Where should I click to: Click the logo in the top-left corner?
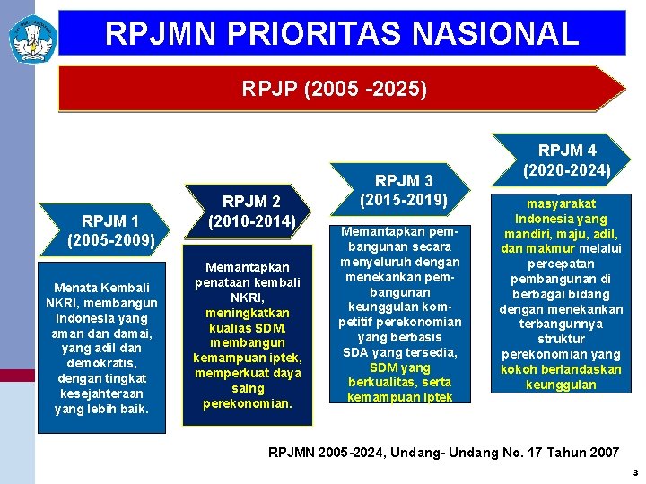click(x=32, y=37)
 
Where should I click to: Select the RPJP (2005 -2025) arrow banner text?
click(x=335, y=90)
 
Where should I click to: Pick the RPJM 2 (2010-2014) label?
click(x=251, y=211)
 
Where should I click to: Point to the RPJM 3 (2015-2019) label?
click(x=403, y=190)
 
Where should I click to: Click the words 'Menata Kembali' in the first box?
click(x=101, y=288)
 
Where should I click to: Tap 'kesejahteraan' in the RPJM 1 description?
click(x=101, y=393)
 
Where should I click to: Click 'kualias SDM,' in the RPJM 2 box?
click(x=247, y=328)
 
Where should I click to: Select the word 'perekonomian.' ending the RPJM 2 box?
click(x=247, y=403)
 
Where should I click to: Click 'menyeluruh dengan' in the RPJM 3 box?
click(x=400, y=262)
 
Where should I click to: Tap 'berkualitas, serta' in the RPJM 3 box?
click(x=400, y=382)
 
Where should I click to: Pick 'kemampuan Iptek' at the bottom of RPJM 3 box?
click(x=400, y=397)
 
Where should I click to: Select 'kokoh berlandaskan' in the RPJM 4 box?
click(x=561, y=369)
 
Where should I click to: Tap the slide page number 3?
click(x=634, y=472)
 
